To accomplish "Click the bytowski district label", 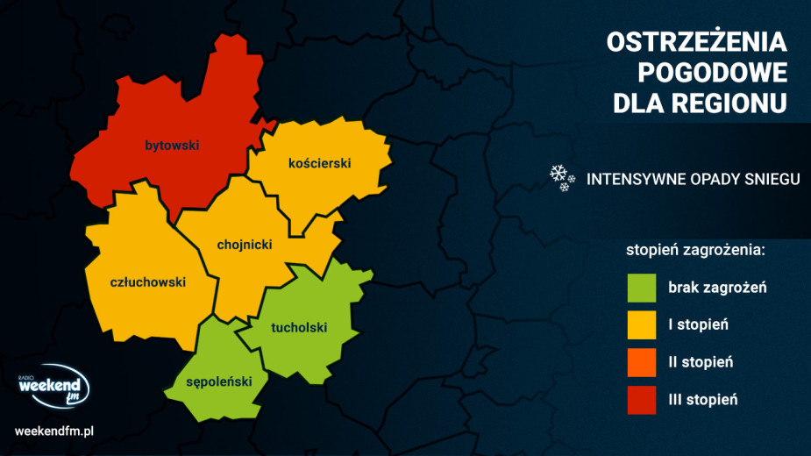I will pyautogui.click(x=173, y=146).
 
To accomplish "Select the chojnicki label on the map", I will pyautogui.click(x=245, y=245).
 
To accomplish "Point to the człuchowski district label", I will pyautogui.click(x=148, y=282).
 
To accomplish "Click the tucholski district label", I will pyautogui.click(x=299, y=328).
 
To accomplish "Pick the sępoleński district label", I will pyautogui.click(x=219, y=381).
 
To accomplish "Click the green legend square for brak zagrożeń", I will pyautogui.click(x=642, y=288).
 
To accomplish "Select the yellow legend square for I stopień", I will pyautogui.click(x=642, y=325).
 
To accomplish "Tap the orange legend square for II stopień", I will pyautogui.click(x=642, y=362).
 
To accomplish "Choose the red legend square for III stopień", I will pyautogui.click(x=642, y=400).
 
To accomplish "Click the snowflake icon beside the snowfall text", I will pyautogui.click(x=561, y=177).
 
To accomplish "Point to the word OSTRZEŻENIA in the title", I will pyautogui.click(x=697, y=43).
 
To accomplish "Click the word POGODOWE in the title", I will pyautogui.click(x=712, y=73).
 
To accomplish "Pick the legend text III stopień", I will pyautogui.click(x=702, y=400).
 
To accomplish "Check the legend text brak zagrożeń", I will pyautogui.click(x=717, y=288).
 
